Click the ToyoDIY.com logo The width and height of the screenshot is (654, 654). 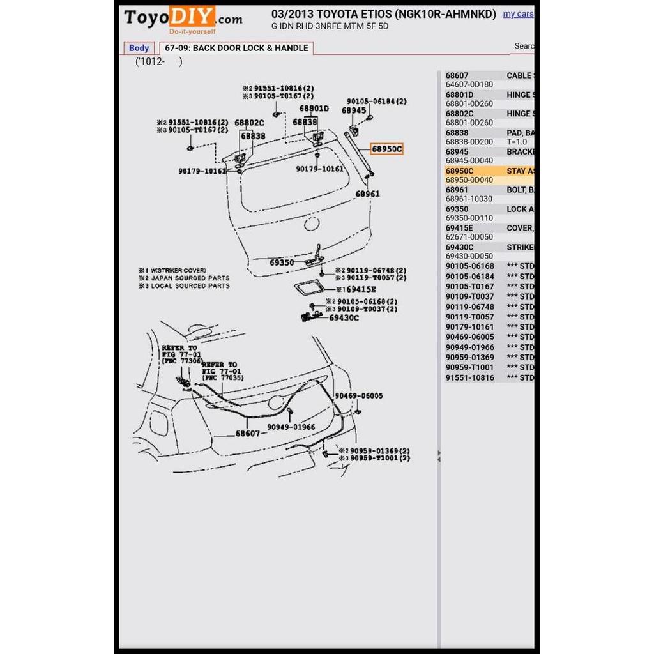point(183,20)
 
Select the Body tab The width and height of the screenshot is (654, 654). point(139,48)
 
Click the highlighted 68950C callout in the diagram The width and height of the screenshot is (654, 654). point(387,149)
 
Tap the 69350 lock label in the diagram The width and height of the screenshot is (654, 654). point(281,262)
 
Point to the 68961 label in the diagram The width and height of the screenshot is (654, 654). point(367,194)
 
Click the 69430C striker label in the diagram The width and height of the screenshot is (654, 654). point(344,317)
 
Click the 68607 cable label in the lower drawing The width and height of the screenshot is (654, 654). point(248,433)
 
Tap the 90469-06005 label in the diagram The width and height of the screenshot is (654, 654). point(359,396)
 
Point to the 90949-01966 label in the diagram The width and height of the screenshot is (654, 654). point(291,427)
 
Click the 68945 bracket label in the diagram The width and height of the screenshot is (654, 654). point(354,110)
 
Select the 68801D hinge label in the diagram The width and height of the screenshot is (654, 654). point(314,109)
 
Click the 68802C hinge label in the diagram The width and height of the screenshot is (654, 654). point(249,123)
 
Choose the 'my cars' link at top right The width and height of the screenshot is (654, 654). point(517,14)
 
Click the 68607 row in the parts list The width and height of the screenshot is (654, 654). point(457,75)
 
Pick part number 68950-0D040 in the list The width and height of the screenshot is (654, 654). point(469,180)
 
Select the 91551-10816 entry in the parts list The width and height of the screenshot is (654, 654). point(469,377)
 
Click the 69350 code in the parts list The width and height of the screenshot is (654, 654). point(457,209)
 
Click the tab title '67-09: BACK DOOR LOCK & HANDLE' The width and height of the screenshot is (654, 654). point(236,48)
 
